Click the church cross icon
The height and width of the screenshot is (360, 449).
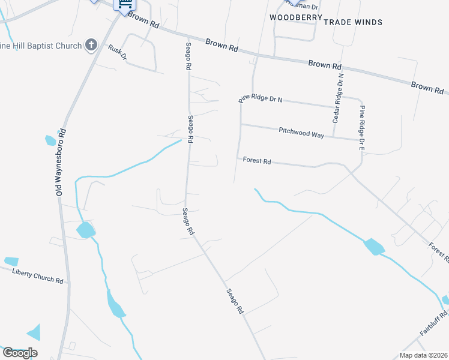point(91,44)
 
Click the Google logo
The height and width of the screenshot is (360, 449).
point(20,352)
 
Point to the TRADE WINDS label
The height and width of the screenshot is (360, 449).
point(353,22)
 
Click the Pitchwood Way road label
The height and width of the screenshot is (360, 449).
point(301,133)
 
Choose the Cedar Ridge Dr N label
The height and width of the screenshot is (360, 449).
point(339,91)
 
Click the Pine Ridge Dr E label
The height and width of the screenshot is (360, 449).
point(362,127)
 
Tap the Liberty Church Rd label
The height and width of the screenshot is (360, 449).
point(38,276)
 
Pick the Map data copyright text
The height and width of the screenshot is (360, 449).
point(423,355)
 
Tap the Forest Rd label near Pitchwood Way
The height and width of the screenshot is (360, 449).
point(257,161)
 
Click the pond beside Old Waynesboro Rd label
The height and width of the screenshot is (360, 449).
point(50,141)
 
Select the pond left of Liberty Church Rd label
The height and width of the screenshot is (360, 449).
point(11,261)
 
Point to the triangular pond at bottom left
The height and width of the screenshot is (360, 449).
point(34,332)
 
